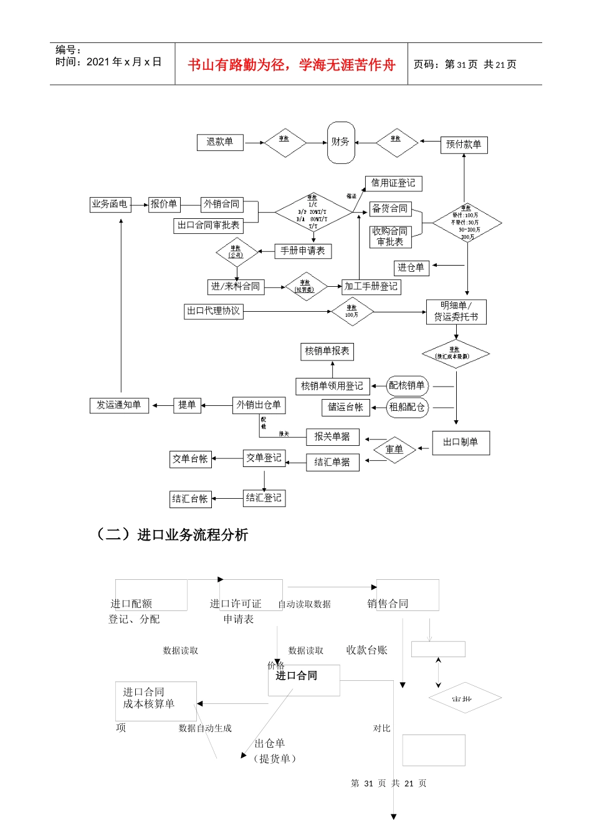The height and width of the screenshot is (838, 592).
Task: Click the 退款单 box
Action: click(x=220, y=142)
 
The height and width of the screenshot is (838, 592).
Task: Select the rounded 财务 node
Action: click(x=341, y=142)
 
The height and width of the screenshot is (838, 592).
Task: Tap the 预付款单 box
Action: click(x=464, y=145)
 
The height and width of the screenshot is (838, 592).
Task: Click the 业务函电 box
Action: click(x=110, y=204)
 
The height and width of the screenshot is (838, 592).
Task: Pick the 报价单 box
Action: click(x=164, y=204)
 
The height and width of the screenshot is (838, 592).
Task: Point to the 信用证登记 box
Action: click(x=393, y=183)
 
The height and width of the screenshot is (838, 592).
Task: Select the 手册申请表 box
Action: click(x=303, y=251)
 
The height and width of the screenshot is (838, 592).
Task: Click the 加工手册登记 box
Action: click(x=371, y=287)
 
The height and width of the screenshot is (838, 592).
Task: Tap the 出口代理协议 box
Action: click(x=214, y=311)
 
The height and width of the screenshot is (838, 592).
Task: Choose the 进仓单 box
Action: click(x=411, y=267)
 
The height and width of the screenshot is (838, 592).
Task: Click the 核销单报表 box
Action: click(x=327, y=352)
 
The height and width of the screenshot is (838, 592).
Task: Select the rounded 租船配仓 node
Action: click(x=407, y=407)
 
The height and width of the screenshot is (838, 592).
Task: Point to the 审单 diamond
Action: click(x=394, y=450)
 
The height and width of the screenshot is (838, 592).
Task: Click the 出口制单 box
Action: click(x=461, y=442)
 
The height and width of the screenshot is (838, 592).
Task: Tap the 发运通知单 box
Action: click(x=119, y=405)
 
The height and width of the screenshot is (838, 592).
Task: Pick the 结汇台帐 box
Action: click(x=190, y=499)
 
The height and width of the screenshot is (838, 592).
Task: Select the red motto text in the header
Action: click(x=291, y=65)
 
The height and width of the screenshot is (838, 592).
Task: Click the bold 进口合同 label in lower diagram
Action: click(x=297, y=676)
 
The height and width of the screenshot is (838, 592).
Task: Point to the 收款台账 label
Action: click(x=367, y=650)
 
